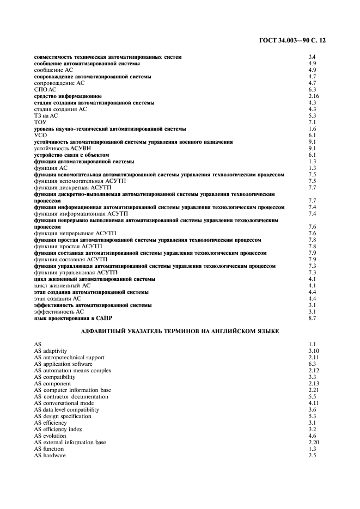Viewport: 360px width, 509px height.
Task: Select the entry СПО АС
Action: (45, 90)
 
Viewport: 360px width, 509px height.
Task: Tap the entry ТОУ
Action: (40, 122)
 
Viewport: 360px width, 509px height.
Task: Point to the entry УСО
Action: (41, 136)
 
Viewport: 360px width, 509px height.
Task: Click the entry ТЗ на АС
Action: (46, 116)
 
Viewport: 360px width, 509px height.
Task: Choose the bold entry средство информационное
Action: (68, 96)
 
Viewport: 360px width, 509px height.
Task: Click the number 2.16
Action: (313, 96)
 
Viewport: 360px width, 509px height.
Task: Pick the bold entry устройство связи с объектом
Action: (75, 155)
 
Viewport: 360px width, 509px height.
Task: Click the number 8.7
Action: (313, 318)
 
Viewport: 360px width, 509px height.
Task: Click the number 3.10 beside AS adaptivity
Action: (313, 351)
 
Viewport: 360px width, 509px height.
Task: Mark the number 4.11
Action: (313, 403)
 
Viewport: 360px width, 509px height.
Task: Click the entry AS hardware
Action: (50, 456)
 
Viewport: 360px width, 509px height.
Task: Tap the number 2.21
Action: (313, 390)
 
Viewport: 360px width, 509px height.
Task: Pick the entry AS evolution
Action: (51, 436)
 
